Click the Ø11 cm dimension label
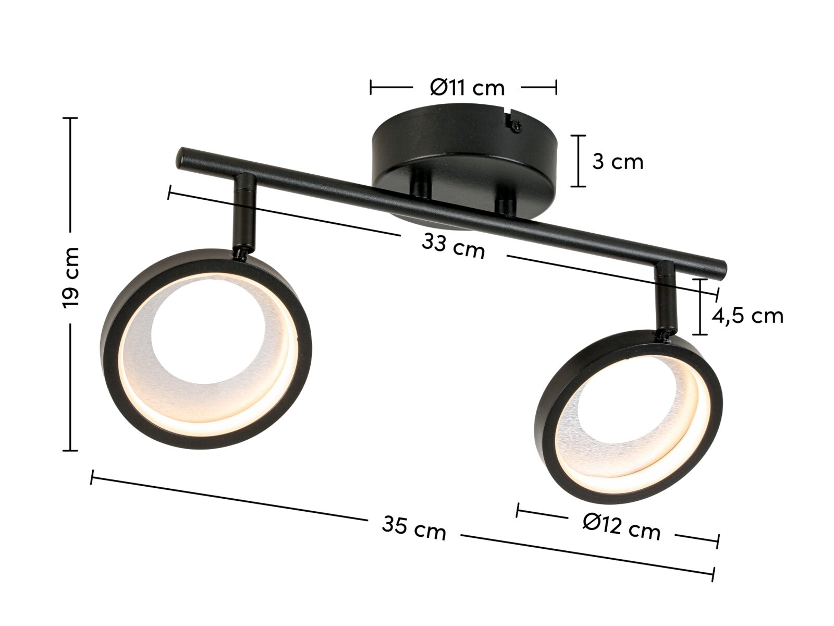[467, 88]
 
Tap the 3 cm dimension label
[618, 162]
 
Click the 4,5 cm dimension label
[747, 316]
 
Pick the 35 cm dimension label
[414, 527]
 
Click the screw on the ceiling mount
[516, 125]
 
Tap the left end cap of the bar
[182, 157]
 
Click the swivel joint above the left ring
[240, 252]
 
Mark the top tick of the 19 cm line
[70, 118]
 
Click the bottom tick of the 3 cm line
[578, 186]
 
